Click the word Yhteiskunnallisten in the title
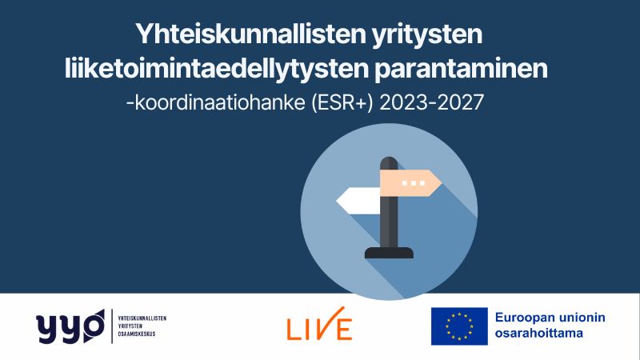250,34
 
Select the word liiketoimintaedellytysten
217,70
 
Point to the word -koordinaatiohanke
215,102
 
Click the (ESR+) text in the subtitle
342,102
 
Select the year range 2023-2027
431,102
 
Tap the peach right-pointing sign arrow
410,183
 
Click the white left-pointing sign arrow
358,201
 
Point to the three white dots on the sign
414,183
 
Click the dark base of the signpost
389,253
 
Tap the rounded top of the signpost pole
389,162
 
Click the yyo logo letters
70,326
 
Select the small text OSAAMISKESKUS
136,334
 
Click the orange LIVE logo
319,324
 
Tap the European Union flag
459,326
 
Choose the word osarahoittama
538,333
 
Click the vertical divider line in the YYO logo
112,326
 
